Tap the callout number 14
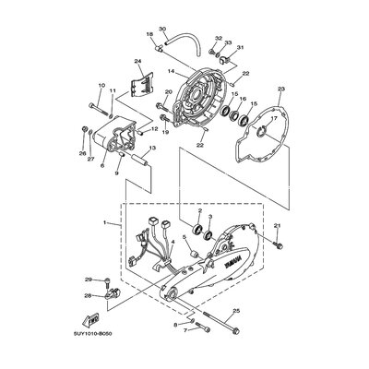(172, 71)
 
